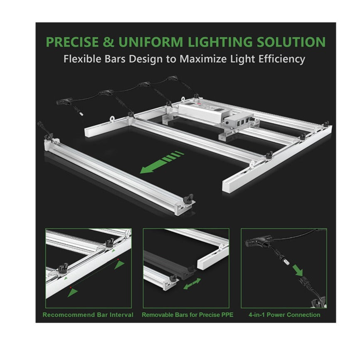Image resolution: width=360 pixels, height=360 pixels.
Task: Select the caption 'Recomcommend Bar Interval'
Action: tap(88, 315)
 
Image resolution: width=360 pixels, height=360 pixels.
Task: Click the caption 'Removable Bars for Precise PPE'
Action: tap(187, 315)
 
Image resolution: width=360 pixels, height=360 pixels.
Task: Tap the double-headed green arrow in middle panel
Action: tap(192, 283)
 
